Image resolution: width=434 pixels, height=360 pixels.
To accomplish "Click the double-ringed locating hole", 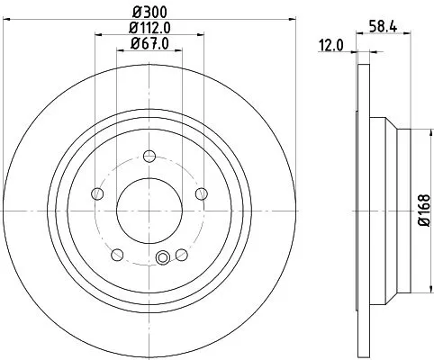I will tap(162, 259).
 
